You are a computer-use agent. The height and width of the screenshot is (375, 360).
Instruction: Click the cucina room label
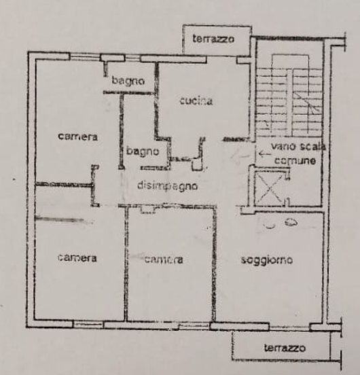tap(196, 101)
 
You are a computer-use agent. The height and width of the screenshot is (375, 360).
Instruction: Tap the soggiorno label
tap(267, 260)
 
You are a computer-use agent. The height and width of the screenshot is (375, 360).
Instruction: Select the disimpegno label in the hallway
tap(168, 186)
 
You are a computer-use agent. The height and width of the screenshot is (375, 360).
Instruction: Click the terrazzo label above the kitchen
tap(213, 39)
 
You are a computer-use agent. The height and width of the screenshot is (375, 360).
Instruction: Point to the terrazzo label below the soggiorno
tap(285, 348)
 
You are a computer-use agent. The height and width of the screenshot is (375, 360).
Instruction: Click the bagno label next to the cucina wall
tap(128, 81)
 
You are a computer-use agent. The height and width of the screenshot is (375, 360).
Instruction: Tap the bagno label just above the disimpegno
tap(143, 151)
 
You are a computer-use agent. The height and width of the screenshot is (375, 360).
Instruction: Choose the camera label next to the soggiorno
tap(164, 260)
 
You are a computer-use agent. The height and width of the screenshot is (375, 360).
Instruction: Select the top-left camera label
tap(78, 137)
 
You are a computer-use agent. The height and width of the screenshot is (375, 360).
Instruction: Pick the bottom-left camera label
tap(77, 258)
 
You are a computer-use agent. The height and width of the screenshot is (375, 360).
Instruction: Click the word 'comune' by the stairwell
tap(295, 161)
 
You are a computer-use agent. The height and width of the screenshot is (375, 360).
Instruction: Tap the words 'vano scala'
tap(299, 146)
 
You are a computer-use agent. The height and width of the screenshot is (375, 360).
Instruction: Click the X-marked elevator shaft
tap(270, 189)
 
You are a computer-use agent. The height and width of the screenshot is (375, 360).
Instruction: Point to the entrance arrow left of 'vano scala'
tap(264, 154)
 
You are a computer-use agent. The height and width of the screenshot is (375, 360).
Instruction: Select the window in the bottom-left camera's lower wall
tap(88, 324)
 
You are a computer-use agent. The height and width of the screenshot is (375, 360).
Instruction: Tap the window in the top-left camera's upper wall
tap(85, 57)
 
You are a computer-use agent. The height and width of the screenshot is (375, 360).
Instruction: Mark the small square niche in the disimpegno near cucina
tap(198, 165)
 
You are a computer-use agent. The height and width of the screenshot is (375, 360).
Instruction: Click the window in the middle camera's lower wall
tap(194, 325)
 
